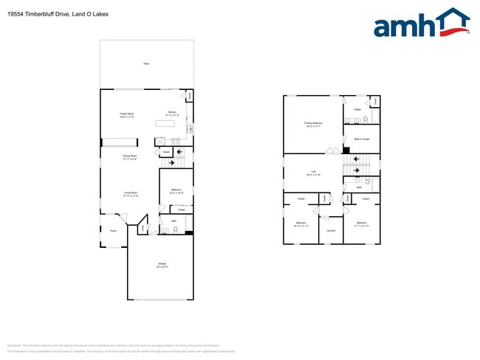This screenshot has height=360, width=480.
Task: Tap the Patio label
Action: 146,65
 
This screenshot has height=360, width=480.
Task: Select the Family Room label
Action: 116,114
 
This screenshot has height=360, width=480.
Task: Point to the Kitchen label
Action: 171,114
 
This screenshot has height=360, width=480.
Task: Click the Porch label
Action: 113,231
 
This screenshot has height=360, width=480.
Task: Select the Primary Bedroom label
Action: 313,124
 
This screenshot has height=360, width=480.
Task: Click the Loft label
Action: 313,173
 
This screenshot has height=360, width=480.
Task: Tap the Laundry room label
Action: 331,230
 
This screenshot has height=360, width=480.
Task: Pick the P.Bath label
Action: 357,109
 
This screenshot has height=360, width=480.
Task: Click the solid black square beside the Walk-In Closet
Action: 346,150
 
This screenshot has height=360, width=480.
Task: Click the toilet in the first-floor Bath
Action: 175,229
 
